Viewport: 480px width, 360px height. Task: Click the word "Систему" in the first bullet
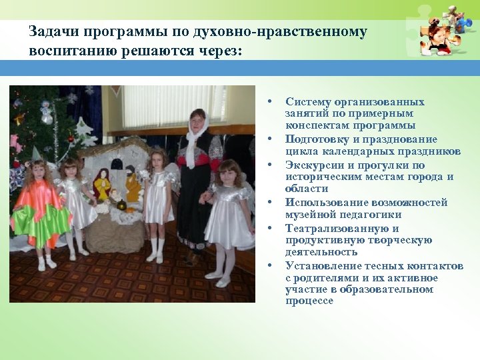coord(305,102)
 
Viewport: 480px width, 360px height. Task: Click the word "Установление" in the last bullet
coord(319,265)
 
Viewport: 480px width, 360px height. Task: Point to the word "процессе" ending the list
coord(309,301)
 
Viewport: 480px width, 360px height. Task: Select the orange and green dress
coord(41,210)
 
